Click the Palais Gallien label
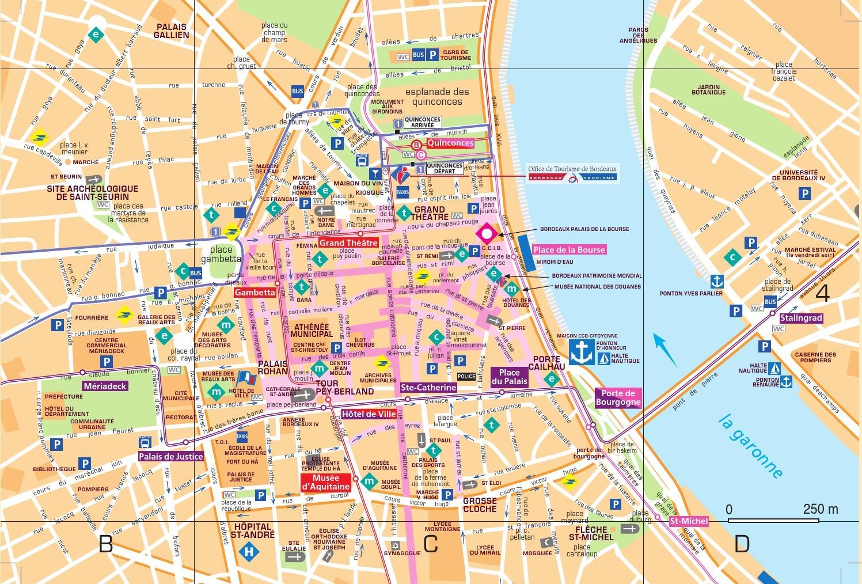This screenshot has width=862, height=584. [171, 31]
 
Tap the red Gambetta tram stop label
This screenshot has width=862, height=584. [255, 293]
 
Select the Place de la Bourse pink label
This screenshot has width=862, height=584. [569, 250]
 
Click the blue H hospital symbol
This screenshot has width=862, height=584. [249, 552]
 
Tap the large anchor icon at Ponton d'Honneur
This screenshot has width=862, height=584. [581, 351]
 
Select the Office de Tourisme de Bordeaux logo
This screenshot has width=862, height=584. [573, 173]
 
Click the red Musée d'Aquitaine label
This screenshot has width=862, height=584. [325, 482]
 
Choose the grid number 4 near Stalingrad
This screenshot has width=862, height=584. [822, 293]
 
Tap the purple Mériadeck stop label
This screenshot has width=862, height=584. [105, 386]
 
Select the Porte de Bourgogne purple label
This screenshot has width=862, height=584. [617, 397]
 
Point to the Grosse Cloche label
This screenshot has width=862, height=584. [480, 505]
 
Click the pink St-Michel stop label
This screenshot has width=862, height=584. [689, 521]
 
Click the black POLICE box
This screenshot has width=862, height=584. [466, 377]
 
